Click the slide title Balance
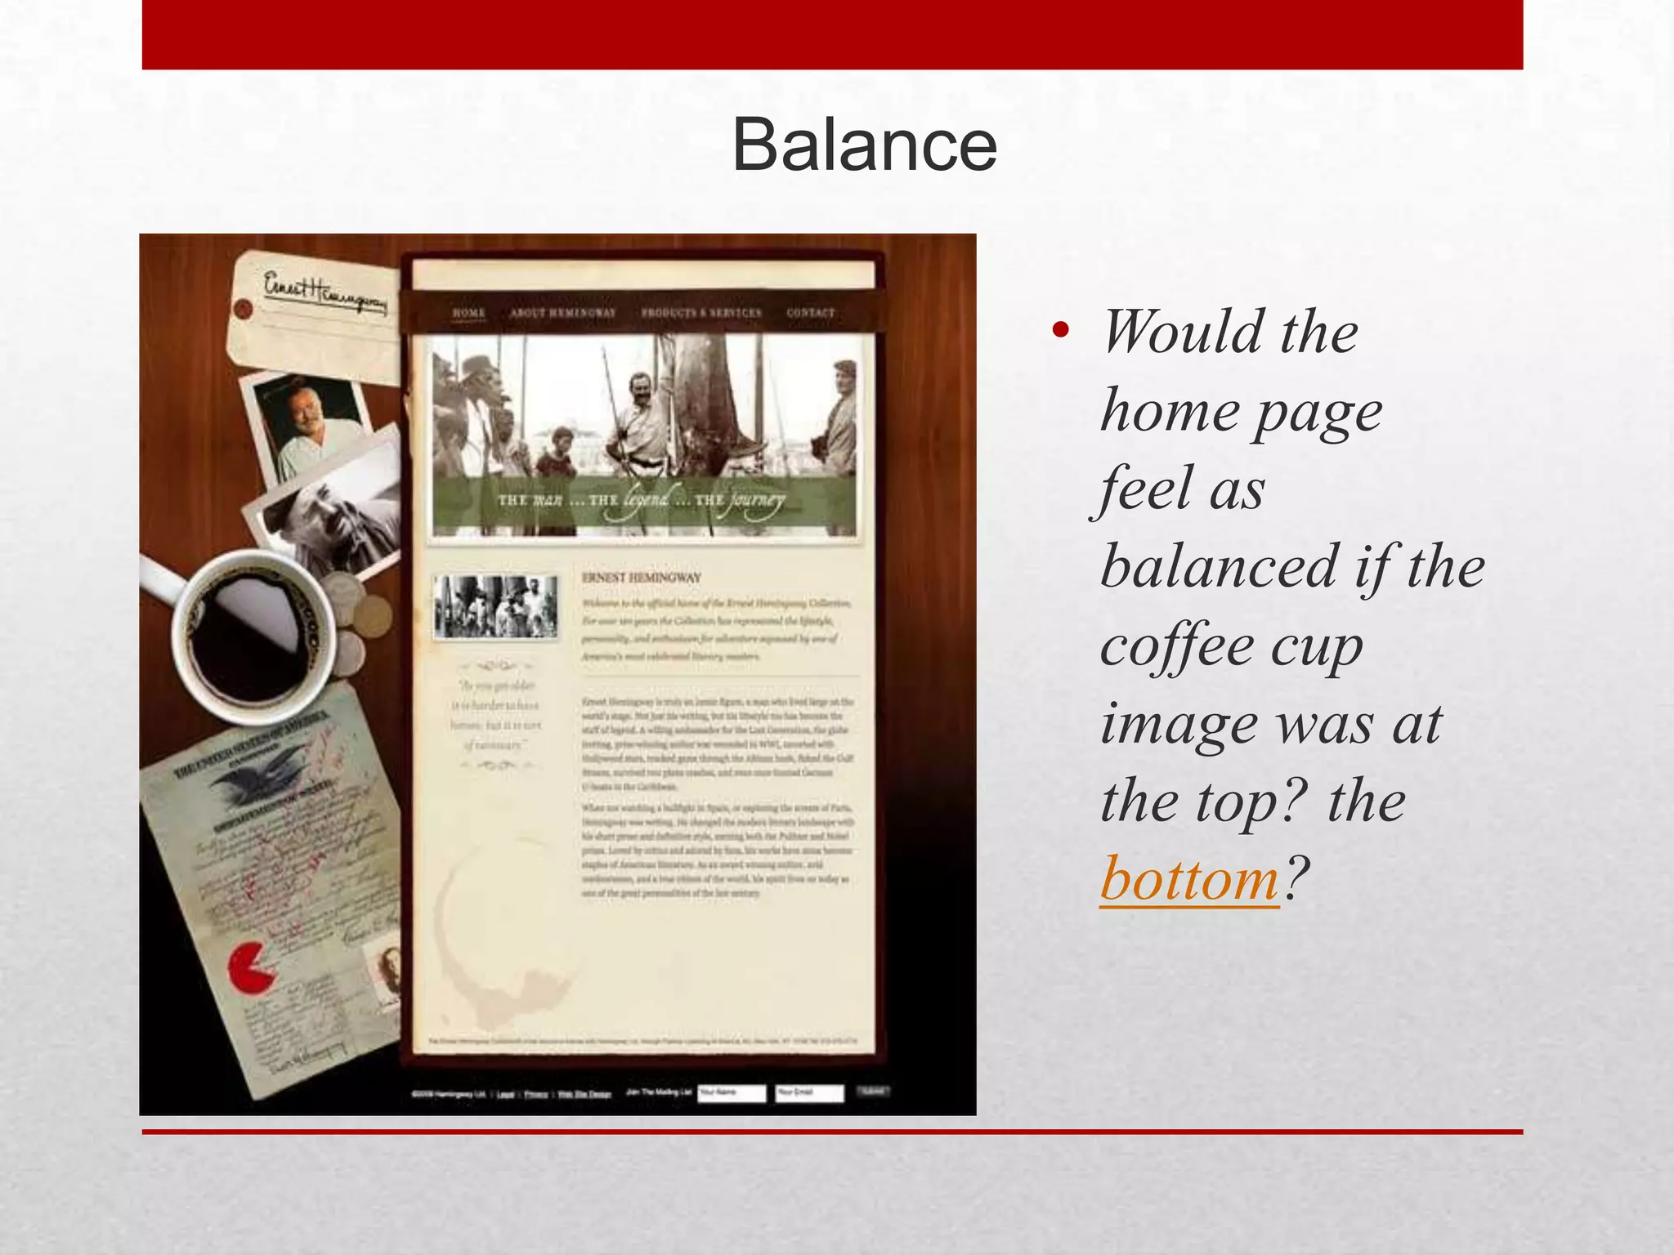coord(864,145)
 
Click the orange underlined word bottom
coord(1189,879)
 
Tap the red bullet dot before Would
coord(1061,330)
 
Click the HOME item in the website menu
coord(469,313)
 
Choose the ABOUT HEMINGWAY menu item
coord(562,313)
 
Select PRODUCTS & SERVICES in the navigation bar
coord(701,313)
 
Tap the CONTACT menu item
coord(811,313)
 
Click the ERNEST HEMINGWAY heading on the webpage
coord(642,578)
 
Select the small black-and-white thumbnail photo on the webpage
coord(495,606)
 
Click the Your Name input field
coord(732,1092)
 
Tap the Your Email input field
coord(808,1092)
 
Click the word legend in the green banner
coord(647,498)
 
